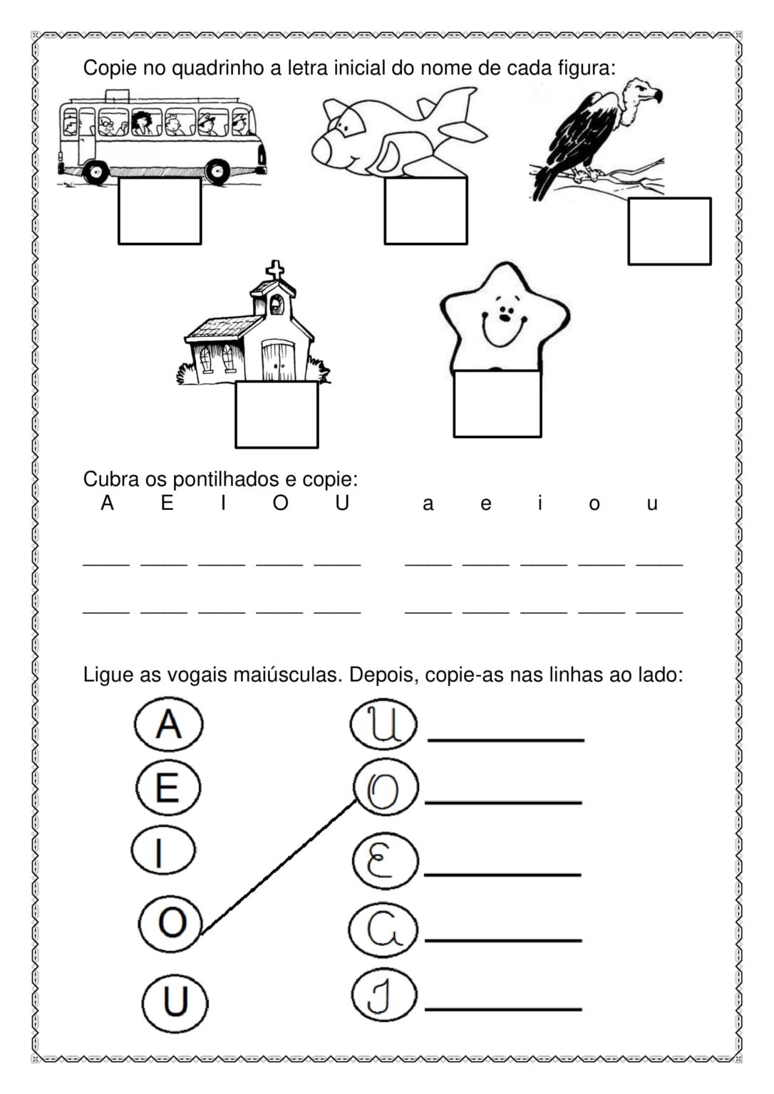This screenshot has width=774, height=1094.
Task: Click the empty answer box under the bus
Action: pyautogui.click(x=160, y=211)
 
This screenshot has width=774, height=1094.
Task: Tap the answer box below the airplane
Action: pyautogui.click(x=425, y=211)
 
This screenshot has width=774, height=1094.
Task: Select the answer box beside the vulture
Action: pyautogui.click(x=669, y=231)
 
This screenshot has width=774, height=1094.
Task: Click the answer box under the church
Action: pyautogui.click(x=277, y=415)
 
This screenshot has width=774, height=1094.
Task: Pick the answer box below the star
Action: pyautogui.click(x=497, y=404)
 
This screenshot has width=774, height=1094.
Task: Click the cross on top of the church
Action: pyautogui.click(x=275, y=271)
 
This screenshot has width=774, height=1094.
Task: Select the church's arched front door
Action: pyautogui.click(x=277, y=360)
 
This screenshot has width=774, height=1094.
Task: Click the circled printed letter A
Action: pyautogui.click(x=169, y=724)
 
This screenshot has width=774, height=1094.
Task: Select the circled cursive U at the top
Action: pyautogui.click(x=383, y=726)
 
